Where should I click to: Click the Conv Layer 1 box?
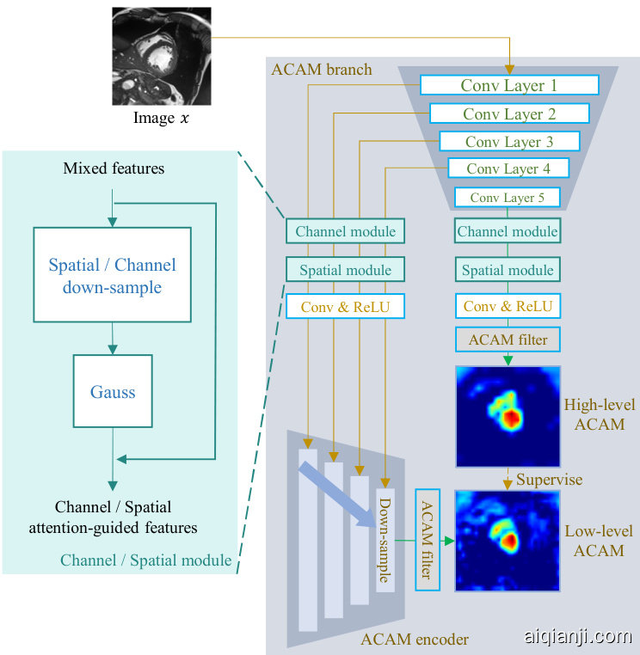pos(509,85)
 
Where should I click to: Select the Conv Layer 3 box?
pos(509,141)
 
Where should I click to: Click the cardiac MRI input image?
pos(161,57)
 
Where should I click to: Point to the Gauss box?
pos(113,392)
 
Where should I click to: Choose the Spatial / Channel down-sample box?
pos(112,275)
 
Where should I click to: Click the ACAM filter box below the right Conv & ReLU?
pos(508,340)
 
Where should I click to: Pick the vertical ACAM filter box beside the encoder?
pos(428,539)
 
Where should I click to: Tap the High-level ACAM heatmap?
pos(508,417)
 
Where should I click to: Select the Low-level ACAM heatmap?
pos(508,540)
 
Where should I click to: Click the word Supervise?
pos(549,479)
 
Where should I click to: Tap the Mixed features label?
pos(114,168)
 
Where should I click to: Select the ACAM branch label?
pos(322,69)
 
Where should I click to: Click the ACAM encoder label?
pos(415,638)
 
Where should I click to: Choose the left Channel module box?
pos(345,231)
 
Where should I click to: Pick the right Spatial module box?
pos(508,270)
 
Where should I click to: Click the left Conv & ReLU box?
pos(345,306)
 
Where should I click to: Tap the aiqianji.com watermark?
pos(577,637)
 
